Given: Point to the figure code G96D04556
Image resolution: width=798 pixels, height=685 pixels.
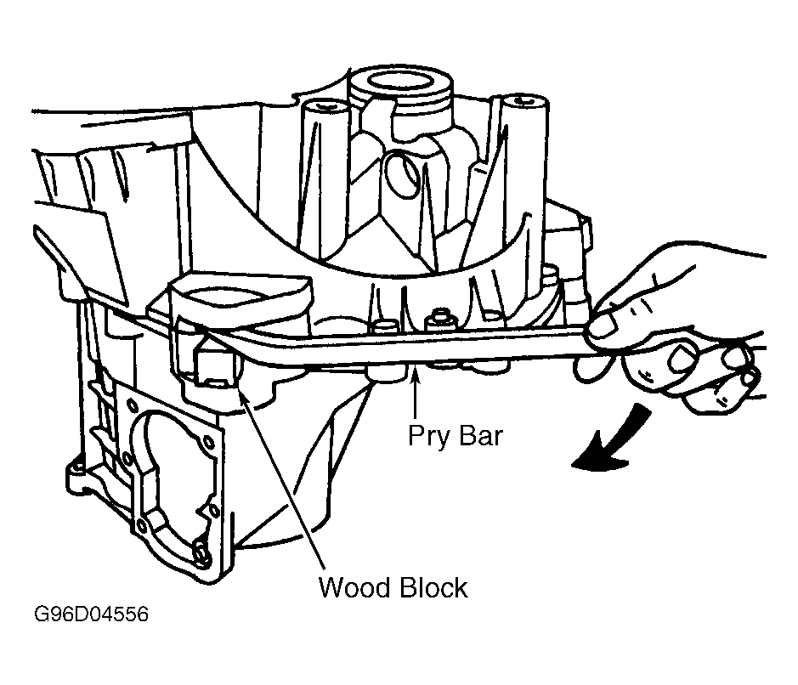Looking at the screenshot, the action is coord(92,614).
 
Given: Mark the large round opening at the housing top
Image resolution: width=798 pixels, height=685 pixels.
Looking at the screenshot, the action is coord(400,81).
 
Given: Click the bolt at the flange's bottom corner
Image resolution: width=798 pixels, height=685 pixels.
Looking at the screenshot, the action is coord(202,556).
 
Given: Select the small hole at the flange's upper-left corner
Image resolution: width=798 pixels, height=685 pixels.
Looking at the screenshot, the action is coord(132,406).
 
